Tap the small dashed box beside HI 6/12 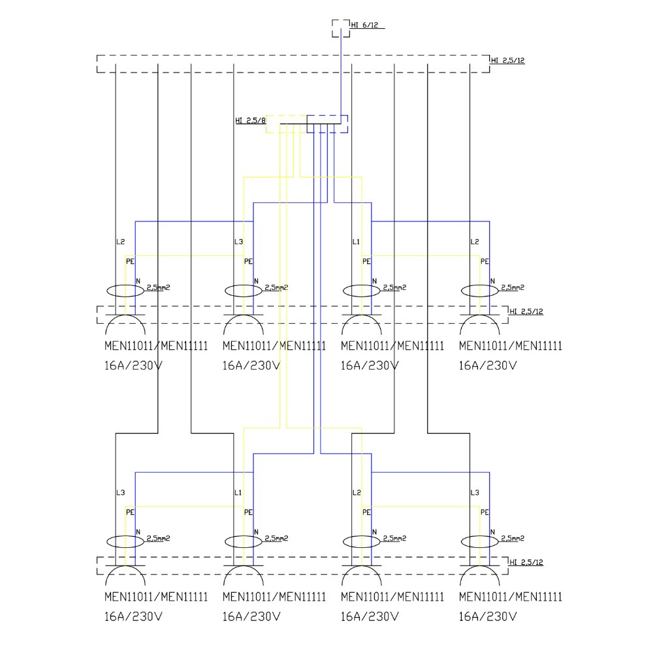(x=340, y=28)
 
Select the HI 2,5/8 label (x=250, y=120)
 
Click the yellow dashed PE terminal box (x=286, y=124)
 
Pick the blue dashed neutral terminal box (x=328, y=124)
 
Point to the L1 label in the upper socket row (x=356, y=242)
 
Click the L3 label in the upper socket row (x=238, y=242)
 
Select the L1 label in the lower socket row (x=238, y=492)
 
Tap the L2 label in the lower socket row (x=356, y=492)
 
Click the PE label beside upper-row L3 (x=248, y=261)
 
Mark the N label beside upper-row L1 (x=374, y=281)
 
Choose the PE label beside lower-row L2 (x=366, y=512)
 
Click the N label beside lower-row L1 (x=256, y=532)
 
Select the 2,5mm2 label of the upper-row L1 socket (x=394, y=287)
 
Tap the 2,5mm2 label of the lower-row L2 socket (x=394, y=539)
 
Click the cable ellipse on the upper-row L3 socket (x=244, y=290)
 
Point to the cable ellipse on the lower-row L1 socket (x=244, y=541)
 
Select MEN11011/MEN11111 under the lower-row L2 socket (x=392, y=597)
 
